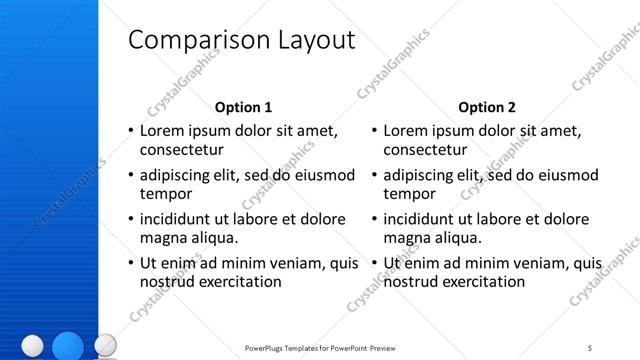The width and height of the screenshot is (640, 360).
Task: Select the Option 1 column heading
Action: tap(243, 106)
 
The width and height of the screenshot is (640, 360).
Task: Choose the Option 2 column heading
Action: tap(487, 106)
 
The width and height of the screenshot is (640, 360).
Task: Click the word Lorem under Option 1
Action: tap(163, 130)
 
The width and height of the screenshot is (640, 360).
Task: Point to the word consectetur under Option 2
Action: tap(427, 150)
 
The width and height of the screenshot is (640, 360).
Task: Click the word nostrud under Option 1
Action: tap(168, 282)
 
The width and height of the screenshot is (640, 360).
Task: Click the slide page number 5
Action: tap(590, 347)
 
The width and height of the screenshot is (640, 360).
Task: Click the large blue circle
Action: tap(68, 346)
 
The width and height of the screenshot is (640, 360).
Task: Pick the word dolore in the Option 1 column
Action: tap(323, 218)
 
